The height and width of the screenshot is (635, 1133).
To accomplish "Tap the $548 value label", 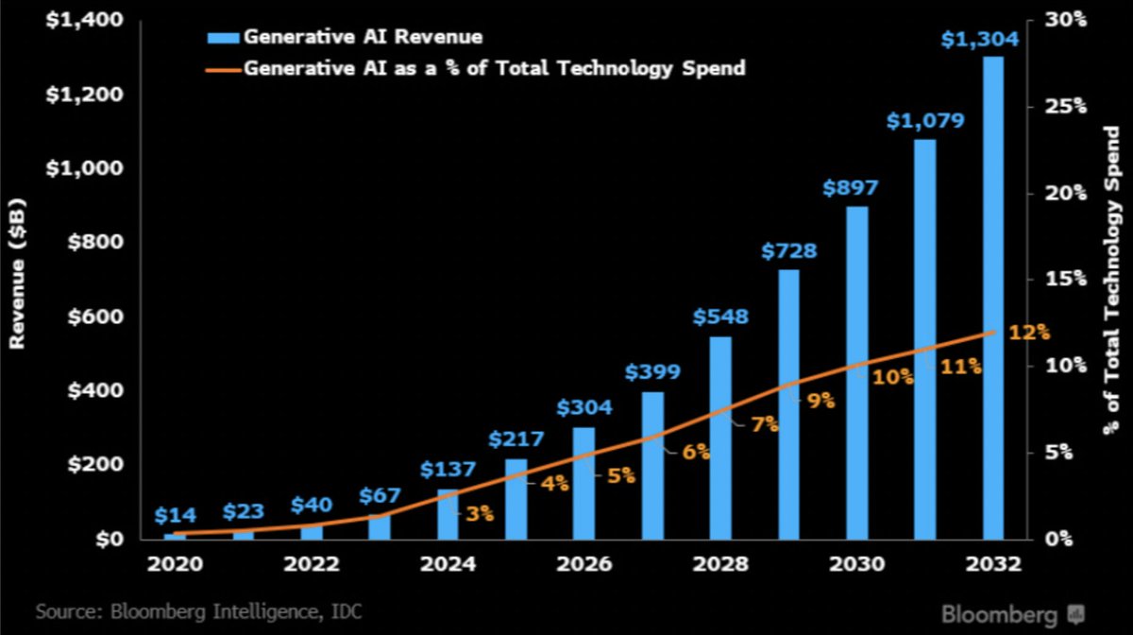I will coord(720,317).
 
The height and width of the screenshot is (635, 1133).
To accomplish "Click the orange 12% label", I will coord(1029,332).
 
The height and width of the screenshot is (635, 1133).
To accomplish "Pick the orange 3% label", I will coord(480,514).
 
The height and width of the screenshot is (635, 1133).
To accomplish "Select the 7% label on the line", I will coord(765,425).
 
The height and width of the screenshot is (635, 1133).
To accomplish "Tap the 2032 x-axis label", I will coord(992,564).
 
